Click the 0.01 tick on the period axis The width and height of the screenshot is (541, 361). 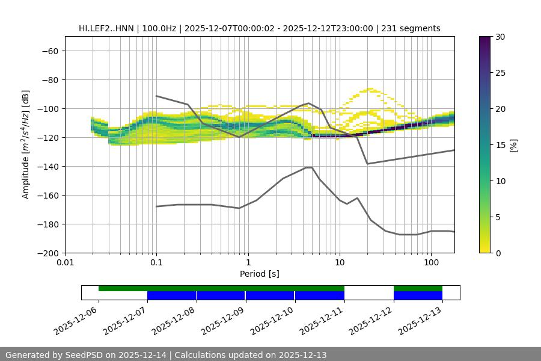tap(65, 263)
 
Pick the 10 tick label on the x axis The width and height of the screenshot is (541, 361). tap(340, 263)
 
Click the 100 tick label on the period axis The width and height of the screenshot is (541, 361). tap(431, 263)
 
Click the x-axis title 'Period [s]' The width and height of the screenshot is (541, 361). tap(260, 274)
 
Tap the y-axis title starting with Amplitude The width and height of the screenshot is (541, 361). tap(26, 144)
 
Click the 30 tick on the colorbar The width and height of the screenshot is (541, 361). tap(500, 37)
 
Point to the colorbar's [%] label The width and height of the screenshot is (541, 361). tap(513, 145)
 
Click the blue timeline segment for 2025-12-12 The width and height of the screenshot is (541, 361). tap(418, 295)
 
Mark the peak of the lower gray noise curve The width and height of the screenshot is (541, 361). tap(309, 167)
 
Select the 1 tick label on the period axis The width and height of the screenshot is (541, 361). tap(248, 263)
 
